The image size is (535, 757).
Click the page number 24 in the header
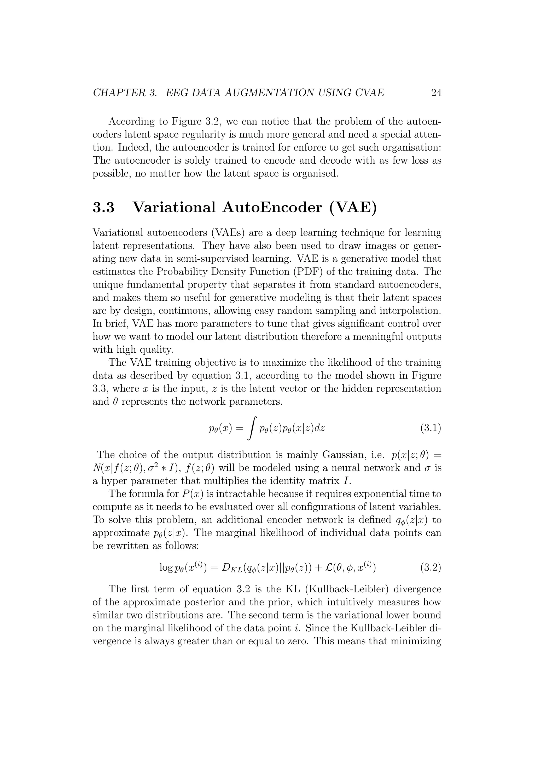click(436, 93)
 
